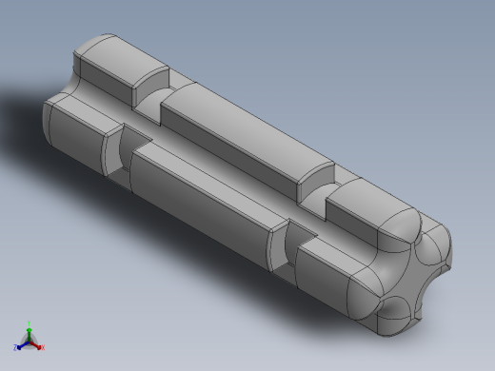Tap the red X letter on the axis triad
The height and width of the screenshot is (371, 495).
pos(43,348)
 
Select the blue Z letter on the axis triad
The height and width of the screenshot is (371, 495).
pos(16,348)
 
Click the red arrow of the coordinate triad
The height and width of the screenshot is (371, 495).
pos(37,344)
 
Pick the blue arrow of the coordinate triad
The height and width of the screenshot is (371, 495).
pos(22,344)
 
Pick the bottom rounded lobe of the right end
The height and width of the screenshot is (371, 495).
pos(395,319)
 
